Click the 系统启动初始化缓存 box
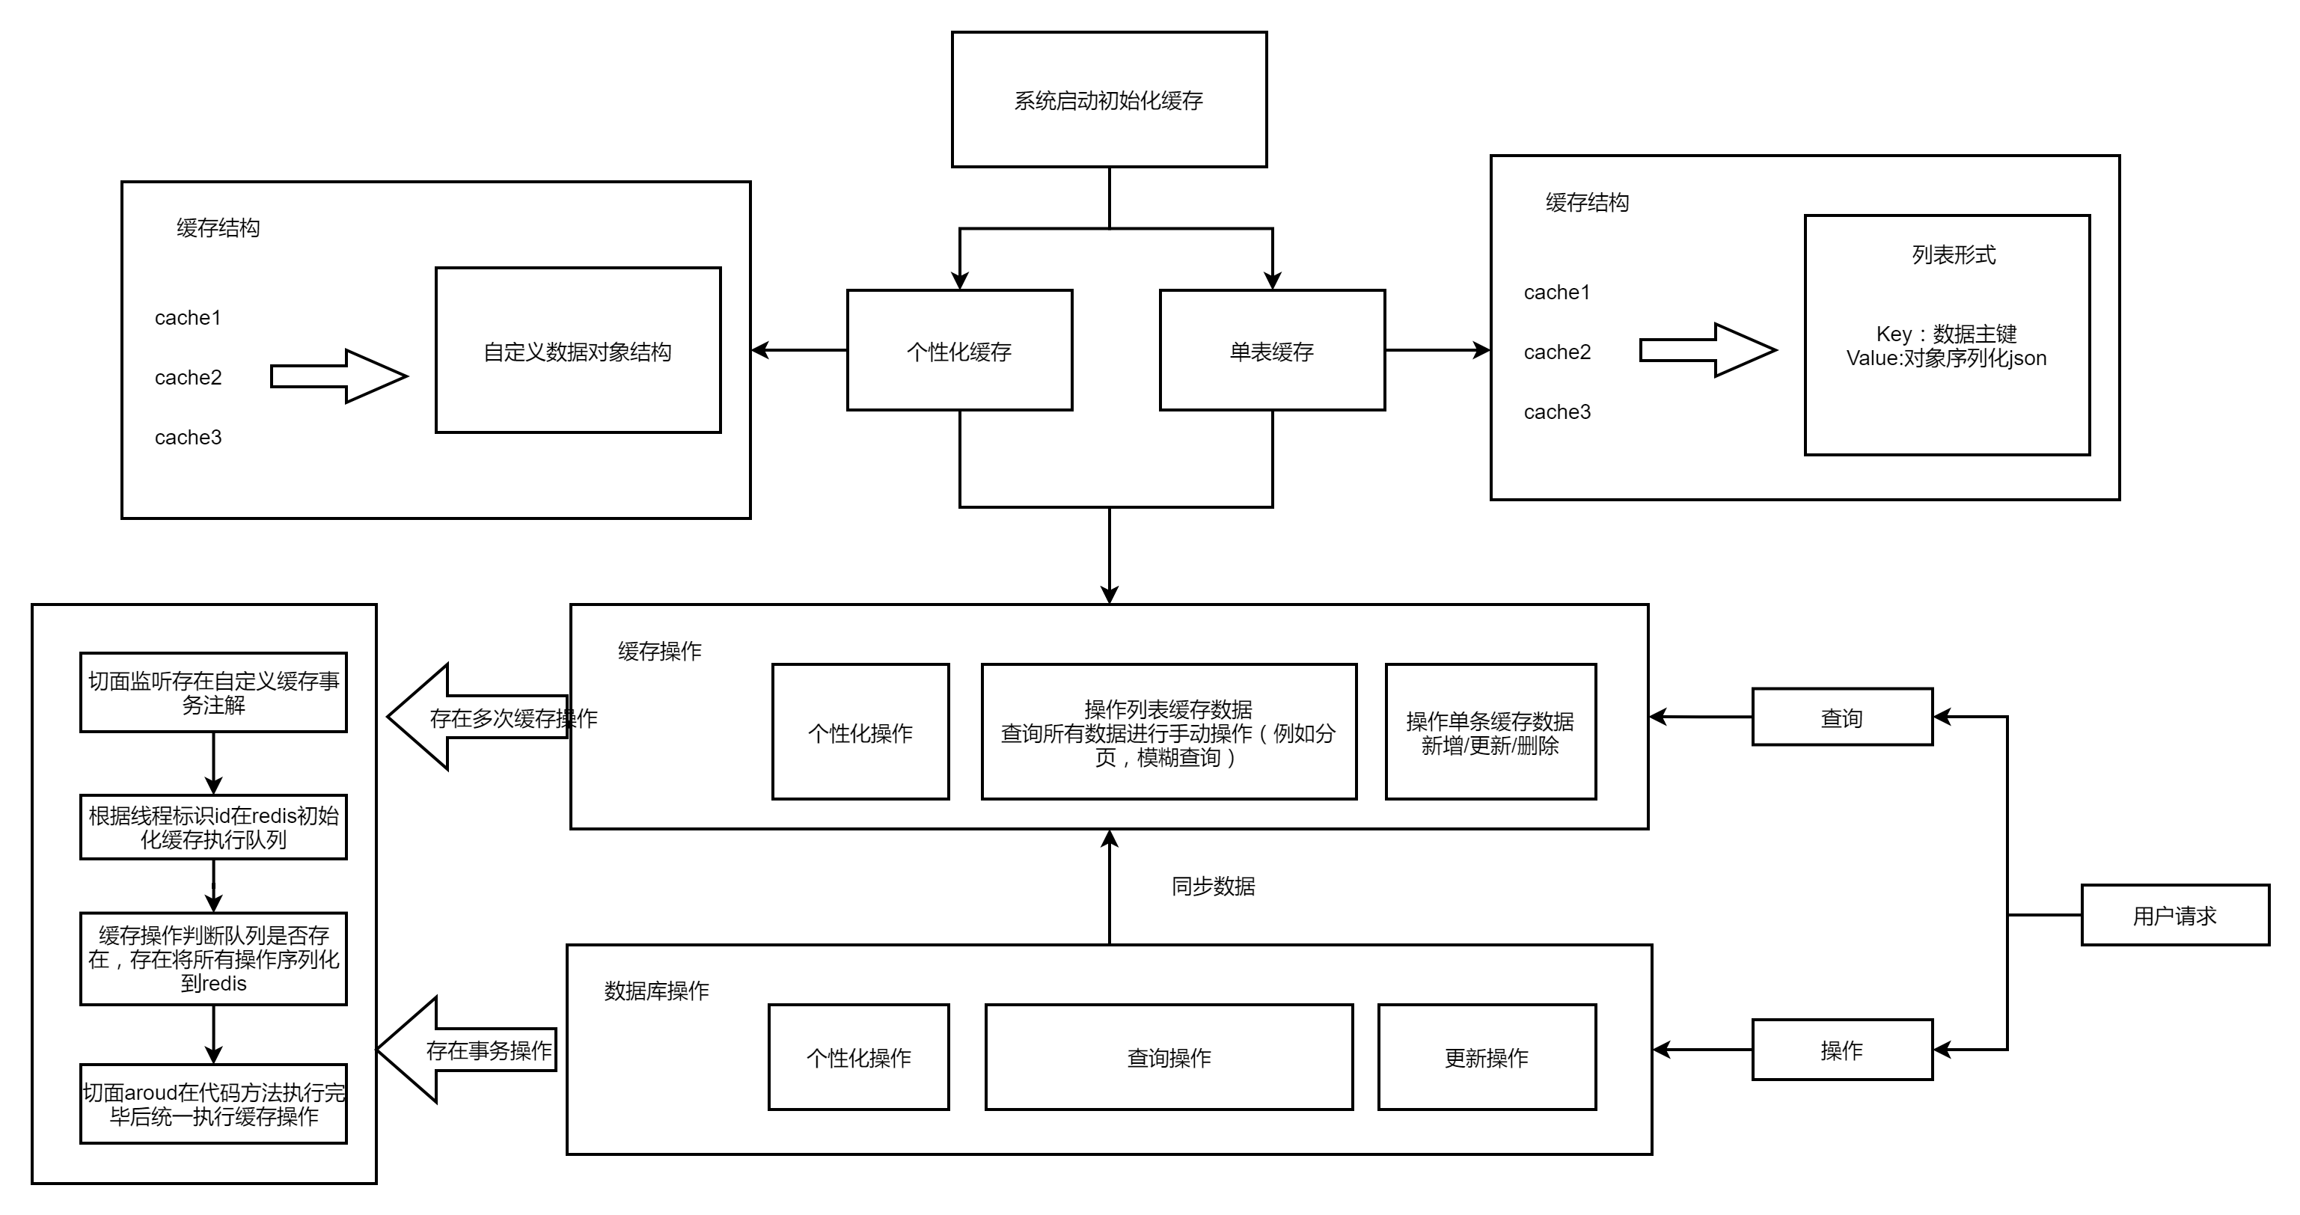(x=1109, y=100)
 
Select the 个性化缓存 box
(x=960, y=351)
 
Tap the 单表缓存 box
(x=1272, y=351)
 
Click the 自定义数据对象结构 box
(x=578, y=351)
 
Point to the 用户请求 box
(x=2175, y=915)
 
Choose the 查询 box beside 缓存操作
(x=1842, y=717)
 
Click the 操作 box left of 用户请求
(x=1842, y=1050)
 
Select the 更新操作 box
(x=1487, y=1058)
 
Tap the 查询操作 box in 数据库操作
(x=1169, y=1058)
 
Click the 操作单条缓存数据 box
(x=1490, y=732)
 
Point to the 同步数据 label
(x=1214, y=887)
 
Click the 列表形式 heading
(x=1954, y=255)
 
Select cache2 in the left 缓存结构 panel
(x=188, y=378)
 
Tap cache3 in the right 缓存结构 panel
(x=1557, y=412)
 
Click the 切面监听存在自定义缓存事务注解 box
(x=213, y=693)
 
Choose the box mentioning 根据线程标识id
(x=213, y=827)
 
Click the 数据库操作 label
(x=656, y=991)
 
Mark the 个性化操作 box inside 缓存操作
(x=860, y=732)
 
